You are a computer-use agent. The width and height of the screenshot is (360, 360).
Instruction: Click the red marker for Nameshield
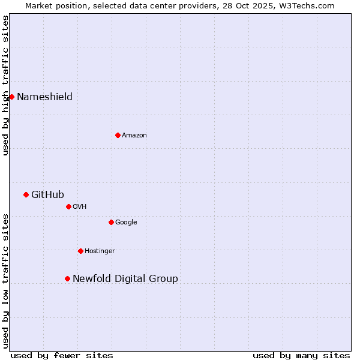coord(11,97)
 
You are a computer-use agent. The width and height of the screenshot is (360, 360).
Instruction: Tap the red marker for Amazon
coord(118,135)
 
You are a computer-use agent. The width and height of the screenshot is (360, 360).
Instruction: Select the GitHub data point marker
coord(26,194)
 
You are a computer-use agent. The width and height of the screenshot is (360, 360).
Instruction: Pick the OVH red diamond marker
coord(68,206)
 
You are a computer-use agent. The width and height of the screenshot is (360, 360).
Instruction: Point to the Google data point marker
coord(111,222)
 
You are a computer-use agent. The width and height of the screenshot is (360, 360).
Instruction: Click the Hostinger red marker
coord(80,251)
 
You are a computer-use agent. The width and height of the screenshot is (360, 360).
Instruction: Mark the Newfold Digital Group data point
coord(67,278)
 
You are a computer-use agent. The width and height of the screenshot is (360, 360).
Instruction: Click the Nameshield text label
coord(44,97)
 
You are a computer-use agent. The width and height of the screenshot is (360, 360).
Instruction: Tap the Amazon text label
coord(134,136)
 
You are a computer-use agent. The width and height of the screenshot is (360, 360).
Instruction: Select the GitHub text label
coord(47,194)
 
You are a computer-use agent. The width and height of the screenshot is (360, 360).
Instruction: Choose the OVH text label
coord(80,207)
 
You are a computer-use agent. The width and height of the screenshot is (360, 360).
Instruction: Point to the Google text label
coord(126,223)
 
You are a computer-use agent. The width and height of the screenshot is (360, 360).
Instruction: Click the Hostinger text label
coord(100,251)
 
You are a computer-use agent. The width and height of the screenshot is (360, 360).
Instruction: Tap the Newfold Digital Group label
coord(125,278)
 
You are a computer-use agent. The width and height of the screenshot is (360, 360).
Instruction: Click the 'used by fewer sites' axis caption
coord(62,355)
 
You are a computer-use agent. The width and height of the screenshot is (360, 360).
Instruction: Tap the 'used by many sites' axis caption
coord(301,355)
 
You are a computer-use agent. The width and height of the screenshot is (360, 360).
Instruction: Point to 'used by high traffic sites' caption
coord(5,85)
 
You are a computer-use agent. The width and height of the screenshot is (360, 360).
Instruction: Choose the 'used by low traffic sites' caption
coord(5,281)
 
